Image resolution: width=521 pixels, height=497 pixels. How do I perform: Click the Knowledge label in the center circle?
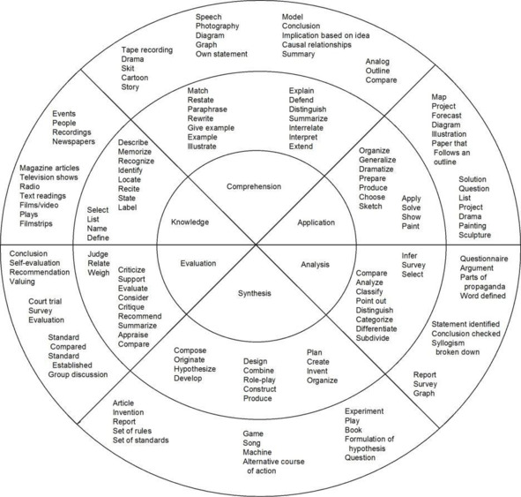tap(190, 222)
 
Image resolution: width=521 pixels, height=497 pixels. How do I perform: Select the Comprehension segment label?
tap(254, 186)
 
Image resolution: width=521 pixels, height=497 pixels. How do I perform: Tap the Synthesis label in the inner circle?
tap(255, 293)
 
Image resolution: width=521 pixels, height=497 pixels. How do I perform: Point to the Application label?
tap(316, 222)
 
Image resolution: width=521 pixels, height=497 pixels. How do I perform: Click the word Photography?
tap(218, 26)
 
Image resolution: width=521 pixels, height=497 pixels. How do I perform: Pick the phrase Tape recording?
tap(147, 50)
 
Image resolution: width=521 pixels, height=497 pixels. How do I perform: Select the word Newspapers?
tap(73, 141)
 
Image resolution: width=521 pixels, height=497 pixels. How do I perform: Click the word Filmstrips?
tap(36, 223)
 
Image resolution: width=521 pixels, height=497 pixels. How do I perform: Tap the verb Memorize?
tap(135, 152)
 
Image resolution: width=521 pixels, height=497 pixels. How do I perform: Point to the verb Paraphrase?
tap(207, 109)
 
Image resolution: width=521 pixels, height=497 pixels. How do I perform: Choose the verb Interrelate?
tap(306, 128)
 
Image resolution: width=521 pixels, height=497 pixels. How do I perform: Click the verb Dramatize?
tap(376, 169)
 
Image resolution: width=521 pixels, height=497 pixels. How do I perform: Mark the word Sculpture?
tap(475, 235)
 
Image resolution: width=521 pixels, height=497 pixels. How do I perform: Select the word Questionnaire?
tap(484, 259)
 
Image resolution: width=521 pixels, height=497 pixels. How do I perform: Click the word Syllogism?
tap(448, 343)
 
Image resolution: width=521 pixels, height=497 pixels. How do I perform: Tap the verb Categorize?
tap(374, 320)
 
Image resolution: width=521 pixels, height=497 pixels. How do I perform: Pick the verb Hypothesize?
tap(195, 369)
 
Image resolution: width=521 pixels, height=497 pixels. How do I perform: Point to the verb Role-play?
tap(259, 380)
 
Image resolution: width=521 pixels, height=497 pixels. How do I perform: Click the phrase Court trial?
tap(45, 301)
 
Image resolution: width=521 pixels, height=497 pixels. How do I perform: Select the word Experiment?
tap(364, 411)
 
